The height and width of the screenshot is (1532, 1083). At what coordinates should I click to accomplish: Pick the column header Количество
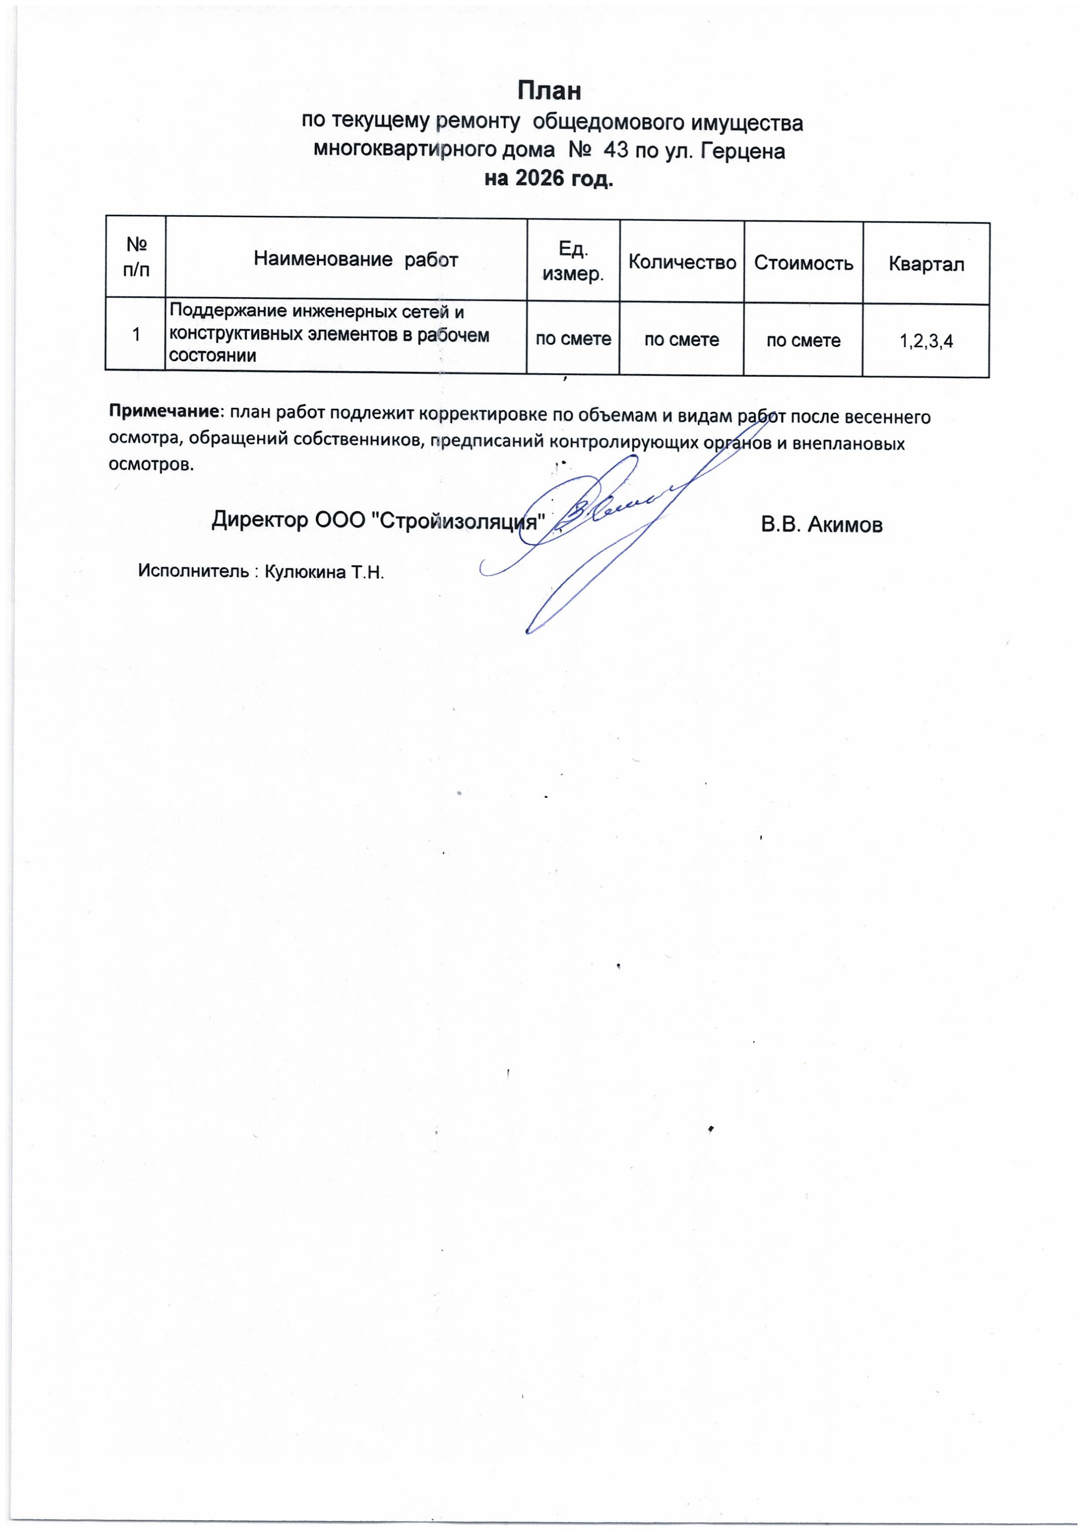click(x=682, y=262)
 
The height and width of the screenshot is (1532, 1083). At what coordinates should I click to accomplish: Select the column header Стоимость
click(x=804, y=263)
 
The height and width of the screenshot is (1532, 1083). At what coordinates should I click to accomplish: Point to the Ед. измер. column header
click(x=573, y=261)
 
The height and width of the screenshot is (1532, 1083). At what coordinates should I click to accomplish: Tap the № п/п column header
click(x=136, y=258)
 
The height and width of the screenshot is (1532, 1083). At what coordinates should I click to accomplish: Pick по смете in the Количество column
click(x=681, y=340)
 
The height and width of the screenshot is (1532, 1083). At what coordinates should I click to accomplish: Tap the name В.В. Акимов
click(x=821, y=525)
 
